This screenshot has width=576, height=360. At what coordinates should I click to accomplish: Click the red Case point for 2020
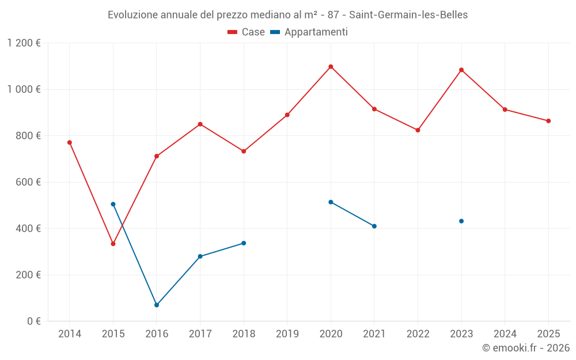coord(331,67)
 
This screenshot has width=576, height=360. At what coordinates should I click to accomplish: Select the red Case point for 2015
coord(113,244)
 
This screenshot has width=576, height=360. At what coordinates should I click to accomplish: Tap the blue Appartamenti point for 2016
coord(157,305)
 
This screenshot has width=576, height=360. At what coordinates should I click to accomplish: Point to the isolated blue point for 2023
coord(461,221)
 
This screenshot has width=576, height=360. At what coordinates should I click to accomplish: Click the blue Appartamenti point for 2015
coord(113,204)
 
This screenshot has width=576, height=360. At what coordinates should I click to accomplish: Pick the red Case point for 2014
coord(70,142)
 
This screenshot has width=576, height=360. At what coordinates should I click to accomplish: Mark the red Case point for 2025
coord(548,121)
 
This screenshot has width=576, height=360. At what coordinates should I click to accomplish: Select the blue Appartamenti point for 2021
coord(374,226)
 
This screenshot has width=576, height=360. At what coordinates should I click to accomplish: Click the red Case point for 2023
coord(461,70)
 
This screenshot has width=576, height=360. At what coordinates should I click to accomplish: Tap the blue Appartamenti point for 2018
coord(244,243)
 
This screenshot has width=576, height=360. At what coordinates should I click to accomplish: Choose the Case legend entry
coord(247,32)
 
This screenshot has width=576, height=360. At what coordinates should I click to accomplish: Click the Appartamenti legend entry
coord(309,32)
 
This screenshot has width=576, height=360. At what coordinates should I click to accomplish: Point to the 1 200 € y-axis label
coord(24,43)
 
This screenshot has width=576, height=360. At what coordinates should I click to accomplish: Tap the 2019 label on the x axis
coord(287,334)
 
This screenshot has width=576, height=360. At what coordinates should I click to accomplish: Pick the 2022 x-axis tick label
coord(418,334)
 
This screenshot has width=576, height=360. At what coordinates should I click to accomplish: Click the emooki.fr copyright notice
coord(525,348)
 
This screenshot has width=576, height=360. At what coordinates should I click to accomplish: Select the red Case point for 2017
coord(200,124)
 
